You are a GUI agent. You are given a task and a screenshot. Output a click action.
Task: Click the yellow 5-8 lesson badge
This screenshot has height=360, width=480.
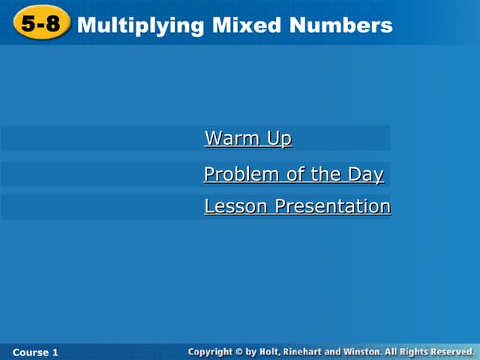40,25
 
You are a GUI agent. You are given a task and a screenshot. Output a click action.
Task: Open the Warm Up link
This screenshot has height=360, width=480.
247,139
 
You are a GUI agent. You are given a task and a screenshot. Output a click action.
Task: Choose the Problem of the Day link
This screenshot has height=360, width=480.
293,175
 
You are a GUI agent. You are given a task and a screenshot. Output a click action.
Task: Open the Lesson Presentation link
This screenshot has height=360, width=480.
297,206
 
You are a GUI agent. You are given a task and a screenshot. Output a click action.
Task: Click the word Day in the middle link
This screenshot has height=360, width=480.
365,175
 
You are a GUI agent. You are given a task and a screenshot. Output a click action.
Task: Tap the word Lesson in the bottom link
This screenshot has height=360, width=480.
236,206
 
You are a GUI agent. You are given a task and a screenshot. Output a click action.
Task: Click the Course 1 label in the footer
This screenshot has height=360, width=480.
35,352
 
